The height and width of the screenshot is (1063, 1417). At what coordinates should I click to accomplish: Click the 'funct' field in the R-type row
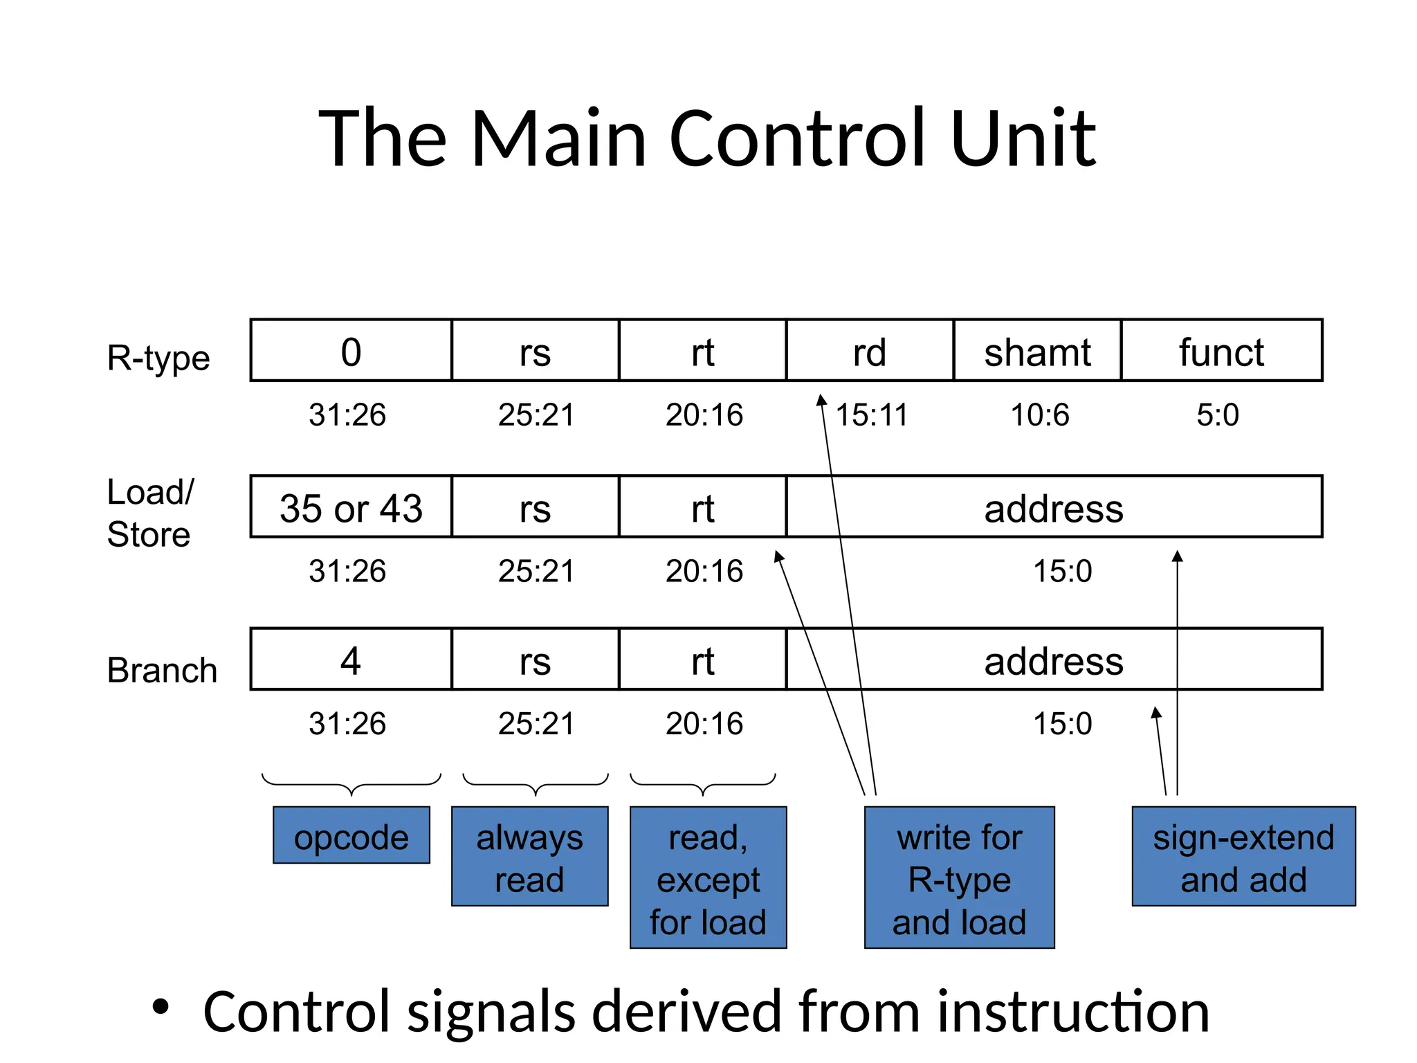tap(1221, 351)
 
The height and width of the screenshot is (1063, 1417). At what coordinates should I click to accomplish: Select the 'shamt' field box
tap(1036, 351)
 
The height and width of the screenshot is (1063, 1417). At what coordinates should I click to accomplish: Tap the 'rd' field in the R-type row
tap(869, 351)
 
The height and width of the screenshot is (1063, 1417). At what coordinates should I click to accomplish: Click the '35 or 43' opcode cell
tap(351, 507)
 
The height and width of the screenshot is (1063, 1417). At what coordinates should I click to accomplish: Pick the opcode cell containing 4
tap(351, 659)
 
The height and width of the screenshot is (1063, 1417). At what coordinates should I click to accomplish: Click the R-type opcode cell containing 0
tap(351, 351)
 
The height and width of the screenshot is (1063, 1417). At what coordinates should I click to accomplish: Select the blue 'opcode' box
tap(351, 835)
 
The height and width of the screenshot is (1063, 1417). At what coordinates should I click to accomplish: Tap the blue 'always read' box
tap(529, 856)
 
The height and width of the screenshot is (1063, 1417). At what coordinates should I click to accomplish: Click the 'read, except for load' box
tap(708, 878)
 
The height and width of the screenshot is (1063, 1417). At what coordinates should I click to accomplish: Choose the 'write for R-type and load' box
tap(959, 878)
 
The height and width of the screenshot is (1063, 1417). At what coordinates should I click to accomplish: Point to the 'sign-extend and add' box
tap(1243, 856)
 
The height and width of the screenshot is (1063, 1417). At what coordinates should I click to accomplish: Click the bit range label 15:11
tap(872, 415)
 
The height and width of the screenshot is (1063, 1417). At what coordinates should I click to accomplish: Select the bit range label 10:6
tap(1040, 415)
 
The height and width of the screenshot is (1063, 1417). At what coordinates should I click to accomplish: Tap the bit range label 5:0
tap(1218, 415)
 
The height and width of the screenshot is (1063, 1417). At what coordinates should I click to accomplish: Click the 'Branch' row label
tap(162, 670)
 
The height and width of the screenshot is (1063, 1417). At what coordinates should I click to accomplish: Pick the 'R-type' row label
tap(158, 358)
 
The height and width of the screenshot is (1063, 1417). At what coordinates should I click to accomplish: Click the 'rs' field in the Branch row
tap(535, 659)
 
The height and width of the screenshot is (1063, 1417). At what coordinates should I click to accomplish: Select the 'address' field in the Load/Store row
tap(1053, 507)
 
